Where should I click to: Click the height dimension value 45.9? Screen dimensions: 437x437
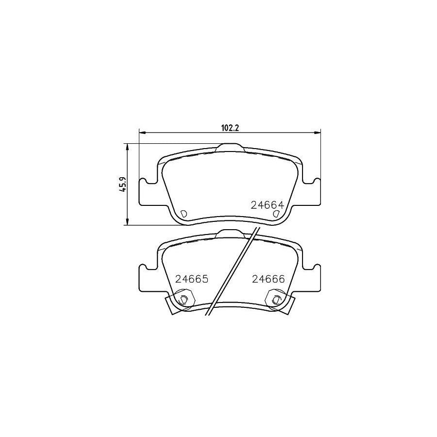[123, 185]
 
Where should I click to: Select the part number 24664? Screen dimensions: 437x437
[267, 205]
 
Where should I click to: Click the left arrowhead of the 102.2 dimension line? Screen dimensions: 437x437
[142, 132]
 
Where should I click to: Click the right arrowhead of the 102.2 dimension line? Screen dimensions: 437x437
[319, 132]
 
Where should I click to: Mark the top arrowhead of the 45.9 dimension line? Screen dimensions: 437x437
[127, 146]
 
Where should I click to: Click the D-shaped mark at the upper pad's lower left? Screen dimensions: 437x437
[184, 214]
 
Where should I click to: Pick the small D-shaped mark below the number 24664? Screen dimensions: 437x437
[276, 214]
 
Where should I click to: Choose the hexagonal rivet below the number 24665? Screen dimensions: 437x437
[184, 299]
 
